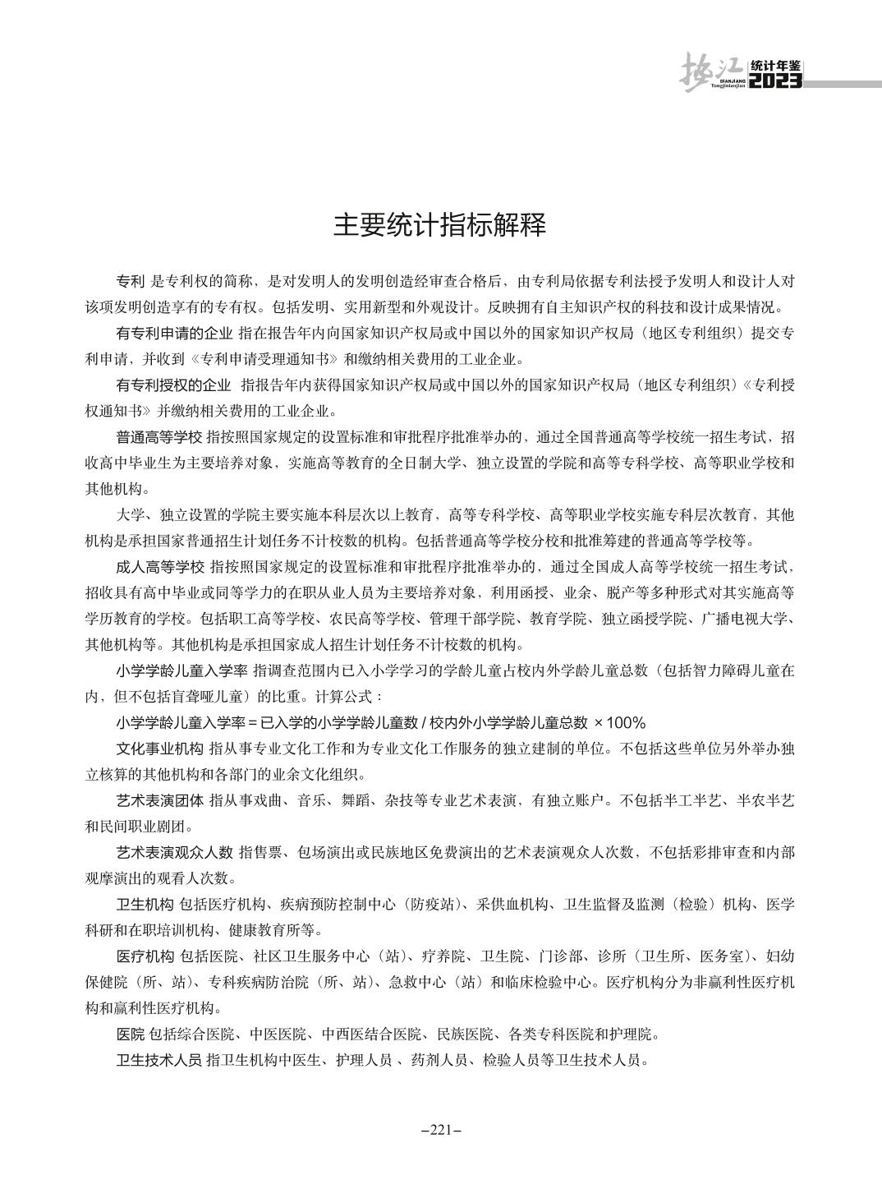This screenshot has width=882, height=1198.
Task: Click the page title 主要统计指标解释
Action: (440, 225)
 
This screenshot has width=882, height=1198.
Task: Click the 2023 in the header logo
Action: (776, 81)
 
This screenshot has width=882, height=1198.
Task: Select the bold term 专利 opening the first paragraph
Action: (131, 281)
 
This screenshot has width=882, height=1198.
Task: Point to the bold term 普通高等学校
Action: (159, 436)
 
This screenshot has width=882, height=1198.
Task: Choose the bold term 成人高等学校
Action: (159, 566)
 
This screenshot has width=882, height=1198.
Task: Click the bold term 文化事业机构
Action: (159, 749)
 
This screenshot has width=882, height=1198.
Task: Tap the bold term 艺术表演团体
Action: (159, 799)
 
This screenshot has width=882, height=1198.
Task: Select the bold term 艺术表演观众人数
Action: (174, 852)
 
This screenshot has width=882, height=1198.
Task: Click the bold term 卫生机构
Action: (145, 904)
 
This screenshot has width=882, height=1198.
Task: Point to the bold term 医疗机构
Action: (145, 956)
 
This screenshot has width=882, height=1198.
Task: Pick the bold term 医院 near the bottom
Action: (131, 1033)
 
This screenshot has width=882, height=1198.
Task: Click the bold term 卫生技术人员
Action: (159, 1059)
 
